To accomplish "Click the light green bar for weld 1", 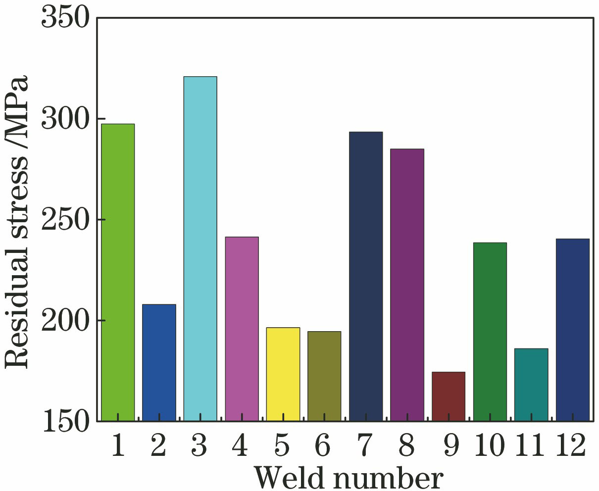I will tap(118, 272).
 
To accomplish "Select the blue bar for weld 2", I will tap(159, 362).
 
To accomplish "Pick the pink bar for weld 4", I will tap(242, 329).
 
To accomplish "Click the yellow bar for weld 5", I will tap(283, 374).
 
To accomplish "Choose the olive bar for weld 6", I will tap(324, 376).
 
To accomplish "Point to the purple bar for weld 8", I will tap(407, 285).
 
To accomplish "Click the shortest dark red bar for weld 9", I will tap(449, 396).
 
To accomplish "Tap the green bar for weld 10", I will tap(490, 332).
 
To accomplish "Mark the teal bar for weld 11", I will tap(531, 385).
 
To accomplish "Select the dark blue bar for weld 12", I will tap(572, 330).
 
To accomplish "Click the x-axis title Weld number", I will tap(349, 477).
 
